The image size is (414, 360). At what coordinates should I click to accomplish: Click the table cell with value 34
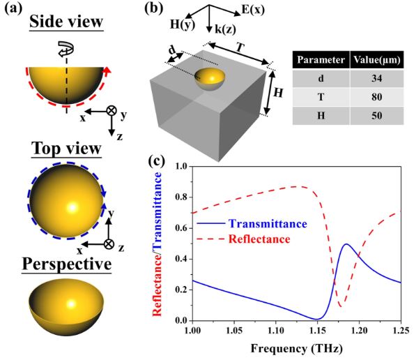(377, 79)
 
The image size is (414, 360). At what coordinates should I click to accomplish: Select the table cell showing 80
(377, 97)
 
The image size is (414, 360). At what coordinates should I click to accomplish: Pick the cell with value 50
(377, 116)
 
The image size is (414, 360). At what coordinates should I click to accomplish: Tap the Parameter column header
(321, 60)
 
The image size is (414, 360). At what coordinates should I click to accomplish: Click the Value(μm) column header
(377, 60)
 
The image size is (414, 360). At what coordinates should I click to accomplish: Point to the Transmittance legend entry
(252, 224)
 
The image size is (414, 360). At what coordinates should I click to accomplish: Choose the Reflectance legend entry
(244, 239)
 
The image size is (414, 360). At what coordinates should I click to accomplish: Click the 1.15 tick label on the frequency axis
(317, 331)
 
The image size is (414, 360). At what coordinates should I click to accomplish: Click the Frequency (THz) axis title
(297, 348)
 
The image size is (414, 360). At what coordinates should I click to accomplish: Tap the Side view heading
(66, 22)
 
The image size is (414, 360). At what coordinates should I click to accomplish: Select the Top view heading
(66, 149)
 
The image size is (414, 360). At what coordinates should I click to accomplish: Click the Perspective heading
(66, 264)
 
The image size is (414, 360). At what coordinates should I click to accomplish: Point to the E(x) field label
(253, 10)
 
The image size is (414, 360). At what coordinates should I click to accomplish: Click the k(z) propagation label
(225, 29)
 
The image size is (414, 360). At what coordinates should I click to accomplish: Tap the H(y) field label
(183, 24)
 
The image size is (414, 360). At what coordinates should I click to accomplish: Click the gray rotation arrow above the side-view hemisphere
(66, 49)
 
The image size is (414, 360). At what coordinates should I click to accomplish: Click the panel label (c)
(157, 160)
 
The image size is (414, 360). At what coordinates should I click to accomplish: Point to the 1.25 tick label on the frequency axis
(401, 331)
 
